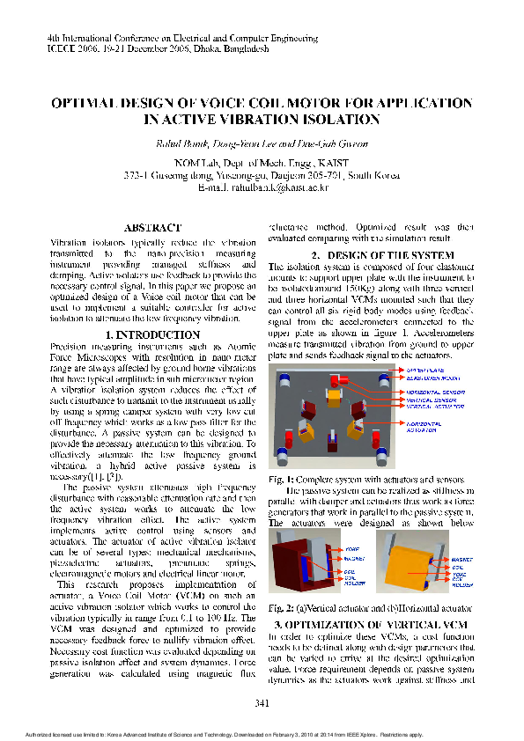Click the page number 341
[262, 702]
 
